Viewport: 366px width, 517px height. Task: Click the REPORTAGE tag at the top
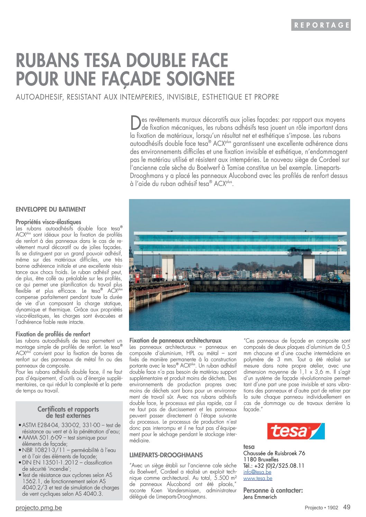(x=321, y=25)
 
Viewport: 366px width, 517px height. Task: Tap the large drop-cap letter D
(x=135, y=123)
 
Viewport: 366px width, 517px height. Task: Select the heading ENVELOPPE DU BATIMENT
(x=51, y=209)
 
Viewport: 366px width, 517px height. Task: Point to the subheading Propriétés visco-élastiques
(x=48, y=222)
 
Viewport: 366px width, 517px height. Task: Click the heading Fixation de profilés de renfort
(x=53, y=334)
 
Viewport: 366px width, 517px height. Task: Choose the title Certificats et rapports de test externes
(x=68, y=412)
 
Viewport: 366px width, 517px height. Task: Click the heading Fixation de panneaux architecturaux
(x=175, y=340)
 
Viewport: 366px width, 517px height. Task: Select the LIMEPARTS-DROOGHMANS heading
(x=166, y=455)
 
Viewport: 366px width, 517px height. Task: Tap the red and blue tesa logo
(x=296, y=431)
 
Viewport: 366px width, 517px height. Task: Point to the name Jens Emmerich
(x=260, y=497)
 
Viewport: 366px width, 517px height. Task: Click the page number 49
(x=347, y=507)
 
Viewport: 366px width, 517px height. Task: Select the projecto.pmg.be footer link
(x=39, y=508)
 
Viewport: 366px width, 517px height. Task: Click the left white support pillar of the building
(x=168, y=266)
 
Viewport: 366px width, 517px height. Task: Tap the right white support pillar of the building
(x=308, y=266)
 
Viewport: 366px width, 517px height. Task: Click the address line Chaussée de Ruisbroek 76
(x=274, y=453)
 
